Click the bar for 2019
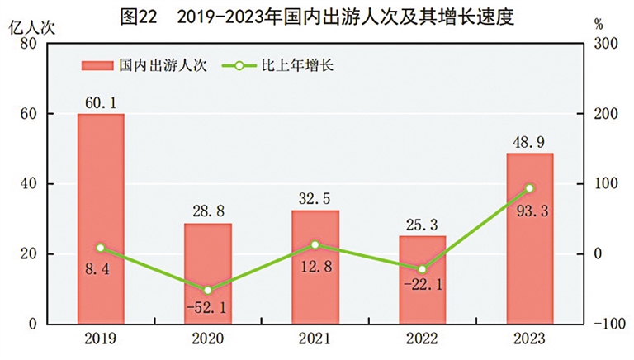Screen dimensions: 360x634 pyautogui.click(x=101, y=219)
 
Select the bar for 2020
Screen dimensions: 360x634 pyautogui.click(x=208, y=273)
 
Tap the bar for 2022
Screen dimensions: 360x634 pyautogui.click(x=423, y=280)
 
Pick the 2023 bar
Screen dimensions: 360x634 pyautogui.click(x=529, y=239)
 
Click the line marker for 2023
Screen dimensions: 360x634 pyautogui.click(x=530, y=188)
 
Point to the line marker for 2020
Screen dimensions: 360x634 pyautogui.click(x=208, y=291)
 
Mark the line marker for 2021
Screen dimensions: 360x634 pyautogui.click(x=315, y=244)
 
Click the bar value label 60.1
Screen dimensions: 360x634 pyautogui.click(x=101, y=102)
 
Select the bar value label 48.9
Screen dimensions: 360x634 pyautogui.click(x=529, y=142)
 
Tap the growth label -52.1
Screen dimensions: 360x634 pyautogui.click(x=208, y=308)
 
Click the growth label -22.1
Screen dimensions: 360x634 pyautogui.click(x=422, y=287)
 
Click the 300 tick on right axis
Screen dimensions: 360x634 pyautogui.click(x=606, y=44)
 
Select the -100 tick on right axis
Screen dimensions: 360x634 pyautogui.click(x=608, y=324)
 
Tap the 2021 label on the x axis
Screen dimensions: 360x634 pyautogui.click(x=315, y=339)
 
